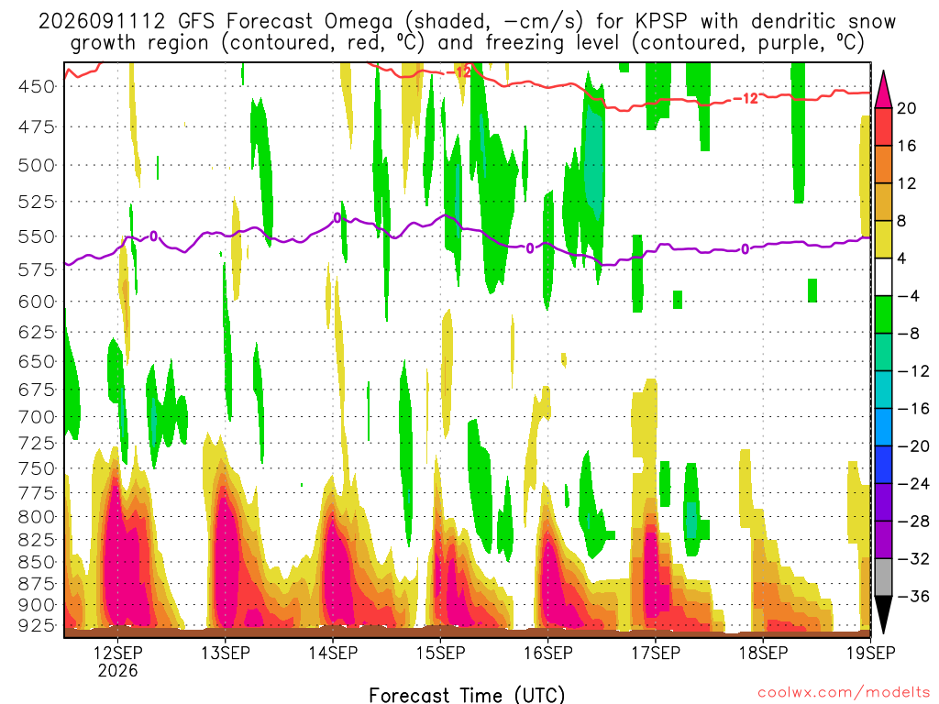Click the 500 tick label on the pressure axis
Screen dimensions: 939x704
[37, 165]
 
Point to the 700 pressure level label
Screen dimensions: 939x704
[37, 417]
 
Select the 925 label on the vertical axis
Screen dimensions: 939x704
[37, 625]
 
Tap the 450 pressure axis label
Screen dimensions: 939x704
[37, 87]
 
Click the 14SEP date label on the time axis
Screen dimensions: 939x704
[333, 653]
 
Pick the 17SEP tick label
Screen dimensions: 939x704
[656, 653]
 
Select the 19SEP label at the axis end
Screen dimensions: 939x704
[871, 653]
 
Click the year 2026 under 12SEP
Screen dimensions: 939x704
[117, 670]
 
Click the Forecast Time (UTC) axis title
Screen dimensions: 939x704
[467, 695]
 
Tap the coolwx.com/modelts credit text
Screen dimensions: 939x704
[844, 693]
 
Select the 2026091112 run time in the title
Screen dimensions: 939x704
[101, 22]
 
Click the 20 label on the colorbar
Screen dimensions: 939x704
[907, 108]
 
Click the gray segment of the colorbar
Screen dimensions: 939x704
[883, 577]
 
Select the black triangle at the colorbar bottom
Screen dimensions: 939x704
[883, 610]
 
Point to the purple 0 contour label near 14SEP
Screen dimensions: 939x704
[337, 218]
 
